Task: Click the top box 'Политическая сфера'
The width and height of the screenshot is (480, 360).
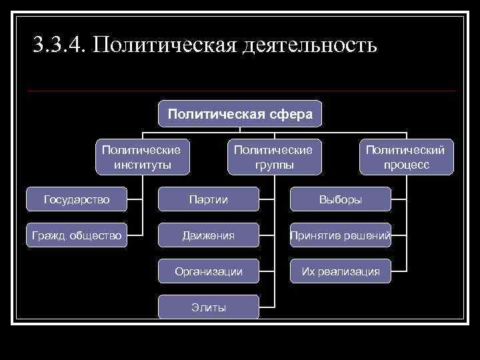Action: pos(240,114)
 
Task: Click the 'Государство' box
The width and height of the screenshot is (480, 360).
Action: pos(77,199)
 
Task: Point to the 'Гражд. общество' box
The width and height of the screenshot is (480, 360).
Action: pos(77,235)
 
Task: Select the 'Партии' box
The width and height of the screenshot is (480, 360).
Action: pos(208,199)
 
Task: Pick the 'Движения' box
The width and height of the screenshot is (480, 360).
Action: pos(208,235)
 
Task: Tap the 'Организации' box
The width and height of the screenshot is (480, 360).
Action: pos(208,271)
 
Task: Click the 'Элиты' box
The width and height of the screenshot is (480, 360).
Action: pos(208,307)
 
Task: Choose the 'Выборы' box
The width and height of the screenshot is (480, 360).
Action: pos(340,199)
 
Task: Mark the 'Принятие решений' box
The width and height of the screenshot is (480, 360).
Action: pos(340,235)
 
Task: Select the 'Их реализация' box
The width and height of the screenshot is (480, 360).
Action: pos(340,271)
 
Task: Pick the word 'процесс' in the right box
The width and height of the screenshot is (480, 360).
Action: pos(406,165)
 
